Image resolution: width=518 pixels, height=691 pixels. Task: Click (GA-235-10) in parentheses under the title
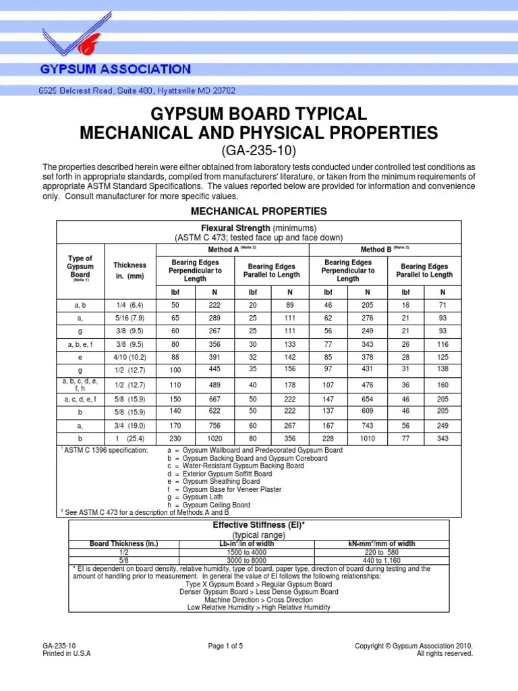[x=259, y=150]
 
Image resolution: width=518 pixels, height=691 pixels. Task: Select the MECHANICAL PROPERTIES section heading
[x=259, y=211]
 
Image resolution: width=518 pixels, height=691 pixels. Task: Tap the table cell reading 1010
[x=368, y=438]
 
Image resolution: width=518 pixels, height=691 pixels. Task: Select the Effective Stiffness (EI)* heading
[x=260, y=525]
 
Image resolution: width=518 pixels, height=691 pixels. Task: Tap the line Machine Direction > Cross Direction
[x=259, y=599]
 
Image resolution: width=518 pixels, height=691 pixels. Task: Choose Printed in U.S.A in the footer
[x=66, y=653]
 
